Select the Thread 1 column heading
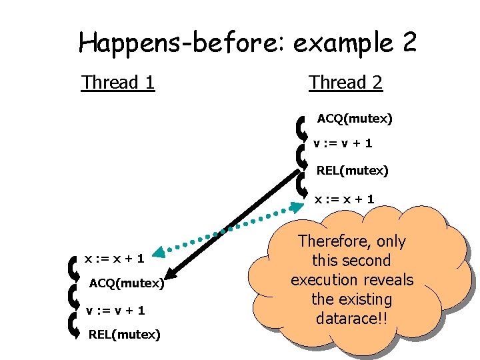118,83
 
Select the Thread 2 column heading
345,83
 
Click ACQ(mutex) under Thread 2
355,119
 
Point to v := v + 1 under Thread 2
343,143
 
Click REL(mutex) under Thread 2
352,171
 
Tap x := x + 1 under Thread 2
345,199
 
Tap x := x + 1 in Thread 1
115,255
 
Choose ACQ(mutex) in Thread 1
127,283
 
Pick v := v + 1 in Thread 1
115,310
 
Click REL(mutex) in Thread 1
124,334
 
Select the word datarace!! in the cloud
351,318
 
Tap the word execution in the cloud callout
325,279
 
